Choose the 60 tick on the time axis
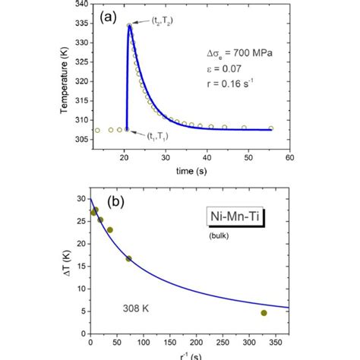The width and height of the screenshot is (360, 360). [x=289, y=158]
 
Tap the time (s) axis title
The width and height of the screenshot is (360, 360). [x=188, y=172]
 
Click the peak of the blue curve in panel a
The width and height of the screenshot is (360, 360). [x=129, y=25]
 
